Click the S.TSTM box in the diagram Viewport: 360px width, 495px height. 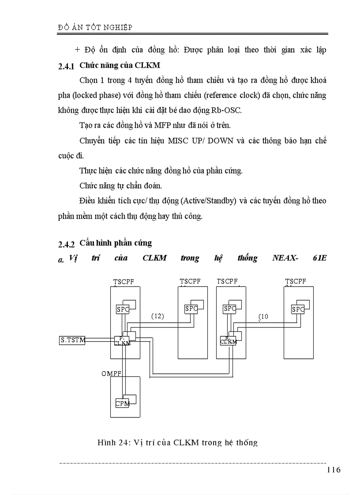(x=72, y=340)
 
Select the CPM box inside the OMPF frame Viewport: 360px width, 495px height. (x=122, y=403)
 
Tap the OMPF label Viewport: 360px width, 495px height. (x=111, y=373)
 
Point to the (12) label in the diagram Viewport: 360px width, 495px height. (x=157, y=316)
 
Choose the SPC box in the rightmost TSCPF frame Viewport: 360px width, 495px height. (x=298, y=309)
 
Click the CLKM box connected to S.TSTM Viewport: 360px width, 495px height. (x=122, y=341)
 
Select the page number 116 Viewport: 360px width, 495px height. (x=334, y=470)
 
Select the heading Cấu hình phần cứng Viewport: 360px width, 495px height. (x=116, y=243)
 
